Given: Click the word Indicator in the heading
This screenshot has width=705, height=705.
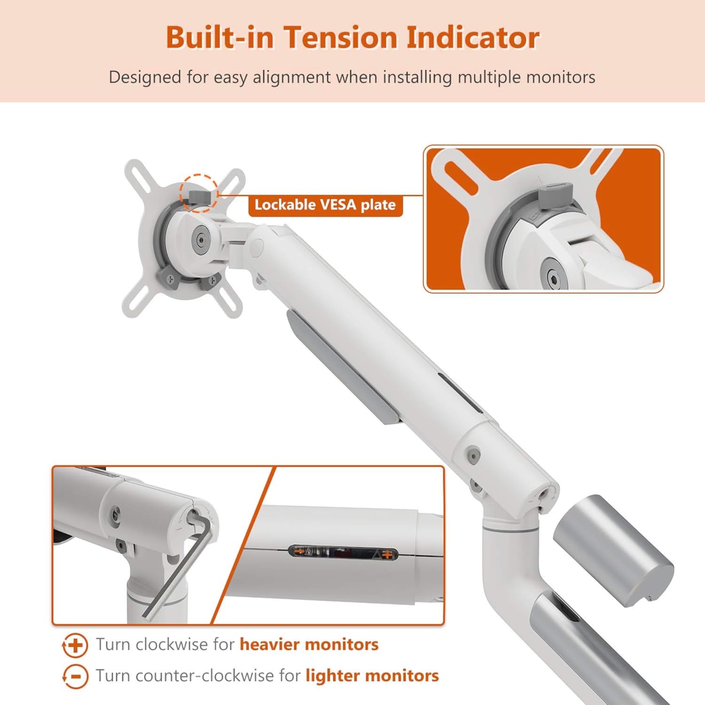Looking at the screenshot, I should pyautogui.click(x=472, y=38).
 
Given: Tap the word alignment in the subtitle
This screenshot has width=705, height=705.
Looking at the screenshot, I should pyautogui.click(x=291, y=77).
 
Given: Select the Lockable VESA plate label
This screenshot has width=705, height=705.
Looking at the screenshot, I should pyautogui.click(x=325, y=205).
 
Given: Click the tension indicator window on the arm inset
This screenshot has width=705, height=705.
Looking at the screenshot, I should pyautogui.click(x=343, y=553).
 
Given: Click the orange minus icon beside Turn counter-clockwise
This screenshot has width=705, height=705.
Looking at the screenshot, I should pyautogui.click(x=75, y=677).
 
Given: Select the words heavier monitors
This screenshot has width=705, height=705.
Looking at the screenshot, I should pyautogui.click(x=309, y=644).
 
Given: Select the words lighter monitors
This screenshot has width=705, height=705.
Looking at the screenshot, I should pyautogui.click(x=372, y=676).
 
